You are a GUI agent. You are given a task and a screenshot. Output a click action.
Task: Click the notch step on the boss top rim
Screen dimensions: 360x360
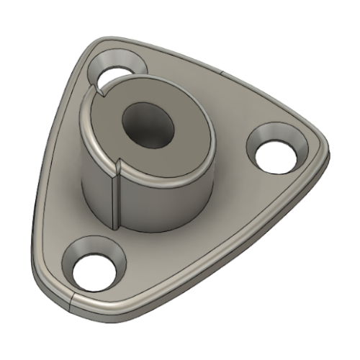pos(101,91)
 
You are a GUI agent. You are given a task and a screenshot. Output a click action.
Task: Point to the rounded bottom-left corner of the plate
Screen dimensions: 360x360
pos(50,288)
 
